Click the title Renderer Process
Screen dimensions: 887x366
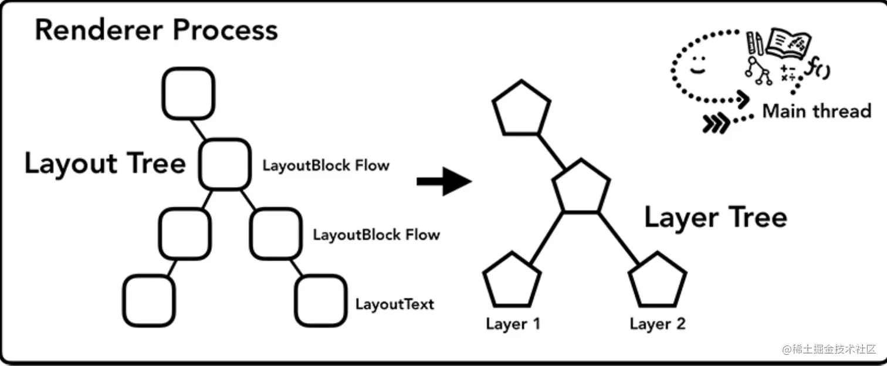(x=157, y=30)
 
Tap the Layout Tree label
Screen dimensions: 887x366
(x=106, y=164)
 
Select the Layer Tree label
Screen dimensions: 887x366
(x=716, y=218)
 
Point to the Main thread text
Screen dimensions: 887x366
(x=817, y=111)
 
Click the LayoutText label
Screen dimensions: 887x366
(x=395, y=304)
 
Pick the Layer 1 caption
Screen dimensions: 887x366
(x=513, y=324)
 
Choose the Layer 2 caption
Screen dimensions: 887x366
(x=658, y=324)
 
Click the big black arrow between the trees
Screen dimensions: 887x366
(x=444, y=181)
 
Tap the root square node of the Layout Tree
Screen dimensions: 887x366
(x=188, y=93)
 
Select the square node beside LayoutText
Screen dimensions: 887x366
(x=321, y=301)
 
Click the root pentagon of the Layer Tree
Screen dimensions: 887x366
(x=522, y=108)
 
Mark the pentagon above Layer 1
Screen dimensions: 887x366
(x=512, y=280)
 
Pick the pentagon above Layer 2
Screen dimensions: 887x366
(x=658, y=280)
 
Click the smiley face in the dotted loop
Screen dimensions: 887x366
(x=698, y=65)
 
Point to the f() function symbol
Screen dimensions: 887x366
(x=817, y=67)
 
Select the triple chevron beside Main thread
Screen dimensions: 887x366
(x=716, y=124)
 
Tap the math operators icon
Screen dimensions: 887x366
(x=788, y=73)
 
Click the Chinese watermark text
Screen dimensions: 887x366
(x=829, y=349)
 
